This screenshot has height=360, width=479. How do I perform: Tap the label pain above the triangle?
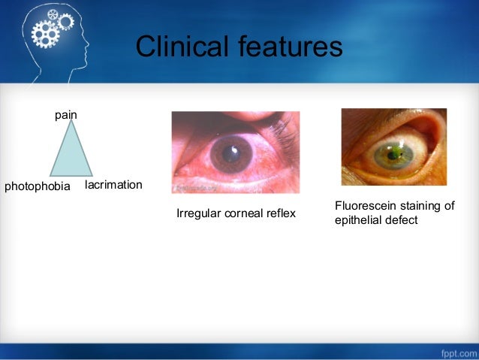coord(66,115)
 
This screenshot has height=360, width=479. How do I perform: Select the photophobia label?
coord(38,186)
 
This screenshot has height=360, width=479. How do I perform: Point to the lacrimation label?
coord(113,184)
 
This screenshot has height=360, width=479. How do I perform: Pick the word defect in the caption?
coord(401,220)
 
